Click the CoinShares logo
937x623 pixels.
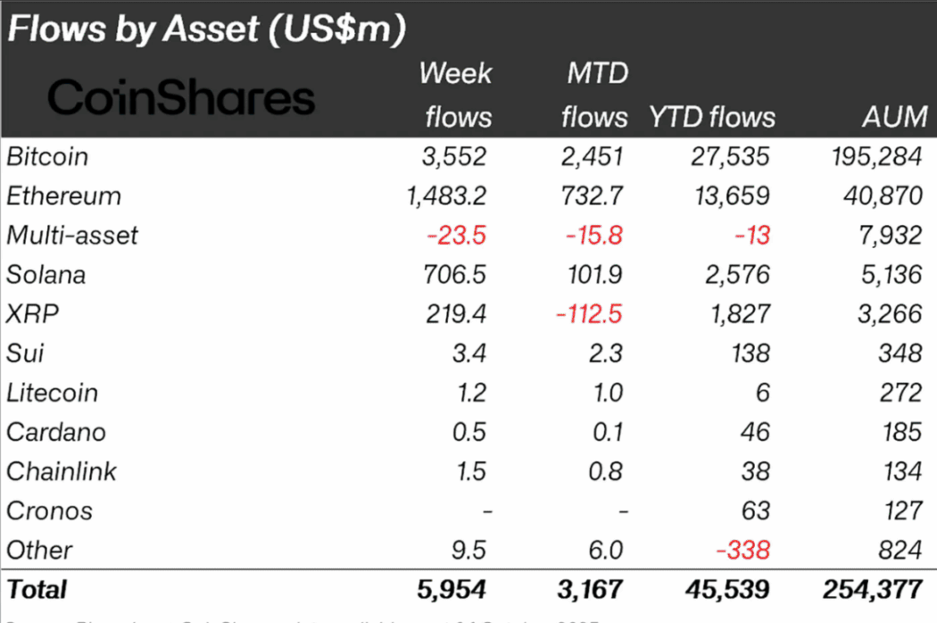point(181,97)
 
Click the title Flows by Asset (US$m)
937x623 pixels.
point(206,29)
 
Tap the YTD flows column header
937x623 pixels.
point(711,117)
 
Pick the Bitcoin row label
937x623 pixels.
point(47,157)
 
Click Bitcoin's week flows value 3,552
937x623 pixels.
point(453,157)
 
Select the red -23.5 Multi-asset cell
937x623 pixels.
point(457,236)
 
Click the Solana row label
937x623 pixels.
point(46,275)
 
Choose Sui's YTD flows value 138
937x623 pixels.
point(746,353)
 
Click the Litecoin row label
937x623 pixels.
point(52,393)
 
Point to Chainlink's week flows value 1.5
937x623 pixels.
point(469,471)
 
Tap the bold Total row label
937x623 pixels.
point(37,589)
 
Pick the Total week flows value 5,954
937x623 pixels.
point(452,589)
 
